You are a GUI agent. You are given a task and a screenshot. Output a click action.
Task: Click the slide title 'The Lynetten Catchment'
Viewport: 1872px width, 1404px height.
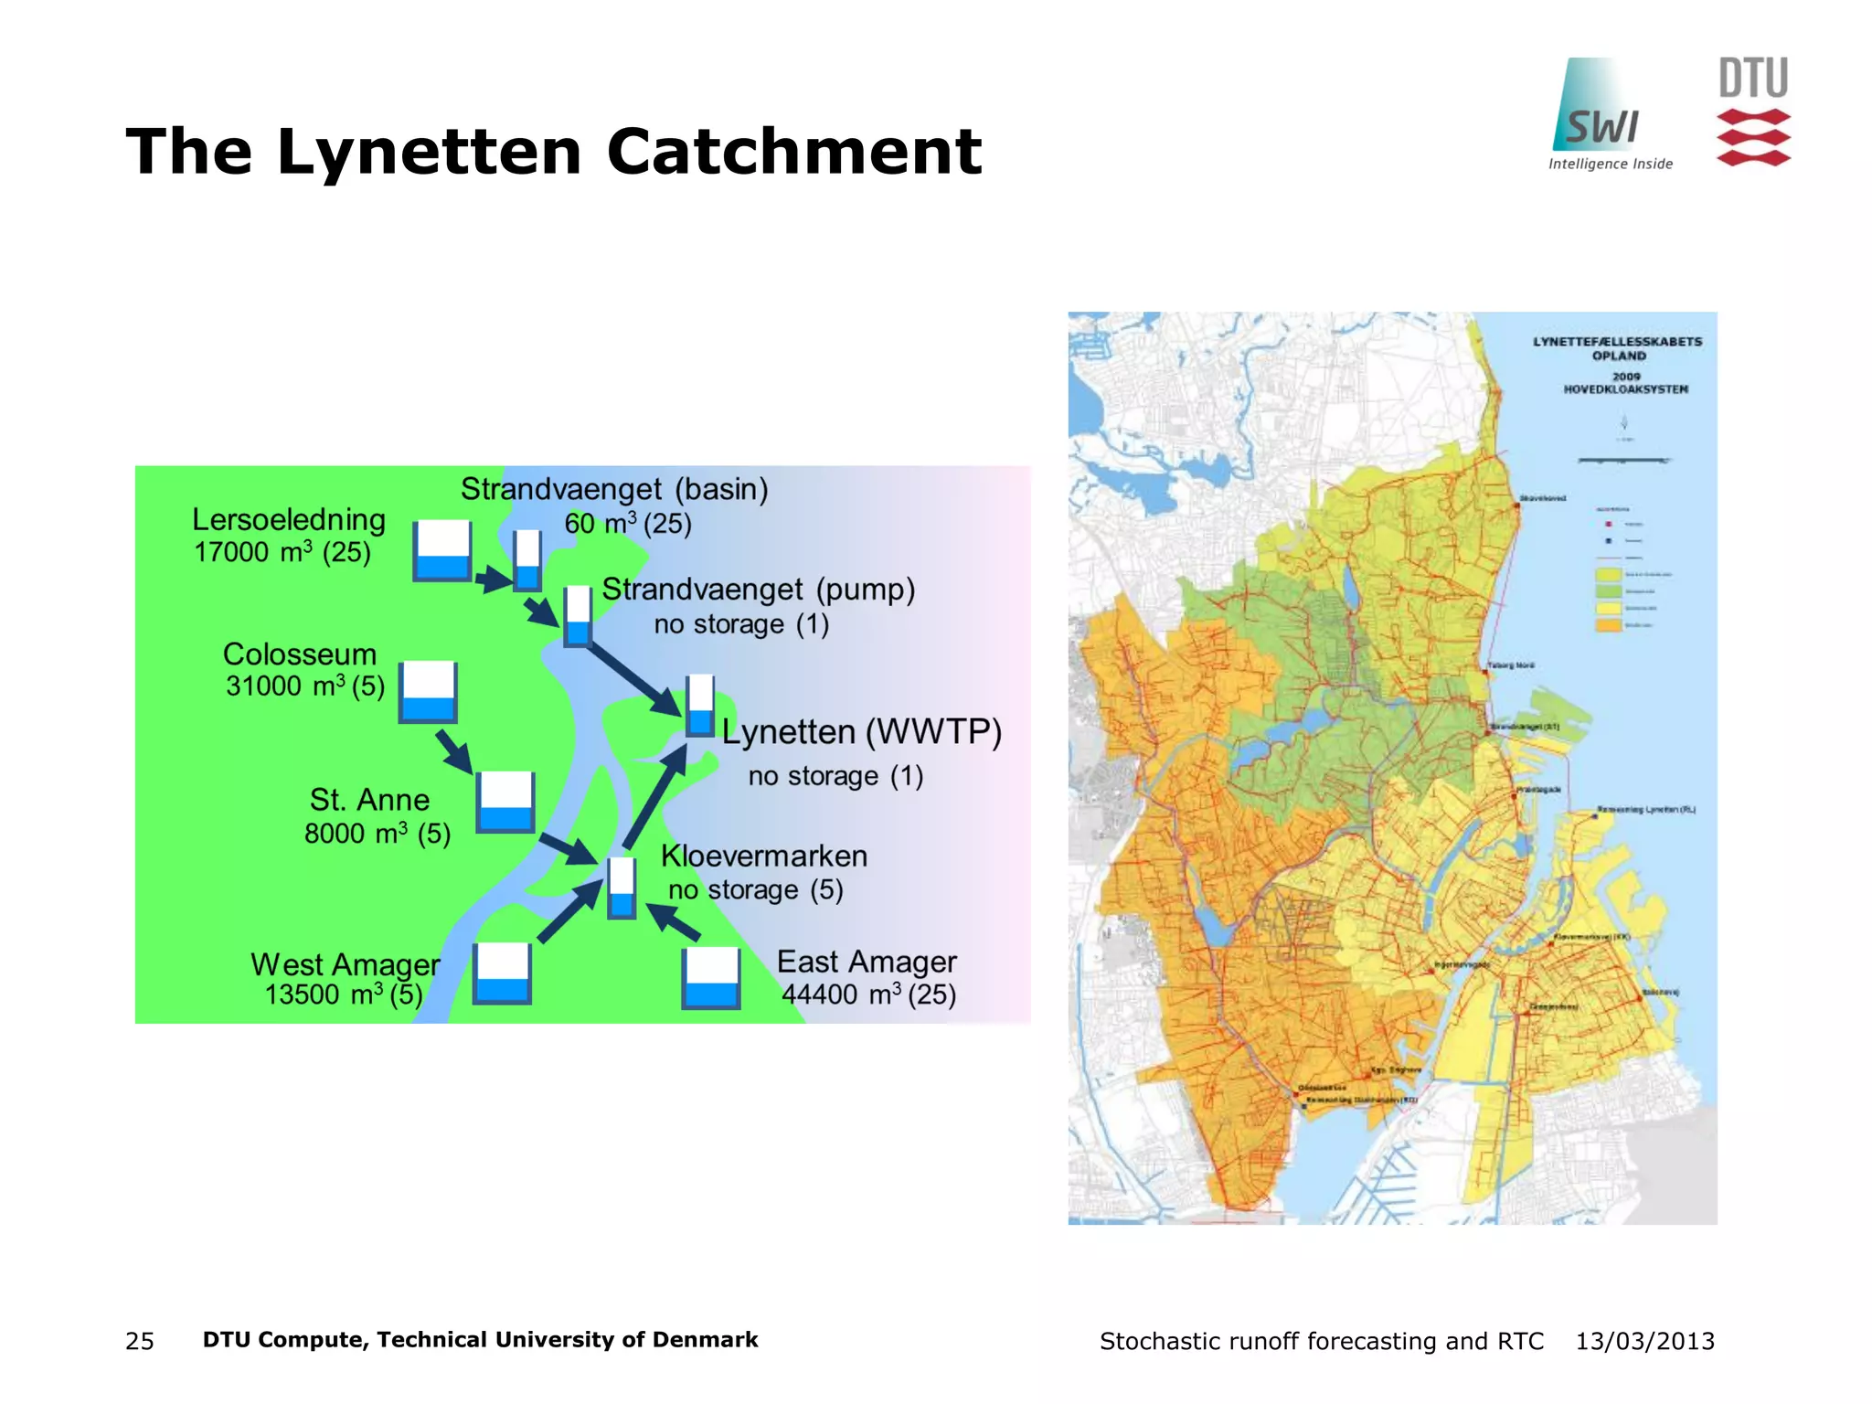click(553, 151)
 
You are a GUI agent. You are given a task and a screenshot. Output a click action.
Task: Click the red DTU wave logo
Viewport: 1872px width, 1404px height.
click(1752, 137)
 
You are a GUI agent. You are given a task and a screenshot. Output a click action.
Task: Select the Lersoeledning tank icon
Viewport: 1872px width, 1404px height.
click(442, 551)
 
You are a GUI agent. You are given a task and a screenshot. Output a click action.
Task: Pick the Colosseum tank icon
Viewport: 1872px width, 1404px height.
click(428, 691)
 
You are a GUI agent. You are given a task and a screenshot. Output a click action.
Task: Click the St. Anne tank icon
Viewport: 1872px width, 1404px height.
click(505, 802)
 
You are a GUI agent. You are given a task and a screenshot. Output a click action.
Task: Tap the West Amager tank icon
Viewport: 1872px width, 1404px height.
click(502, 973)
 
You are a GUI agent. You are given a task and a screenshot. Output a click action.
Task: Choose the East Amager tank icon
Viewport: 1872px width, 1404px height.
click(711, 978)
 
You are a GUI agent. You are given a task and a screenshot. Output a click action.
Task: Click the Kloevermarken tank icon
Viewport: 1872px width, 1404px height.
click(622, 888)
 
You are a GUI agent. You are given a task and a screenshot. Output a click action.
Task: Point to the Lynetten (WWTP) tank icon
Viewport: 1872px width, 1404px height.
click(700, 706)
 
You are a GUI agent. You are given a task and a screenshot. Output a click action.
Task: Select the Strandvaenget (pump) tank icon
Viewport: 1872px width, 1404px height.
click(578, 617)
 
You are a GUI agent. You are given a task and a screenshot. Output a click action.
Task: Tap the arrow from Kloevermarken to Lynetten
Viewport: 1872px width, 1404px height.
click(654, 797)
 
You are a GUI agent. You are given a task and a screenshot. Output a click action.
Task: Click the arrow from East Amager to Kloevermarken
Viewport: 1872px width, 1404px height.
click(673, 922)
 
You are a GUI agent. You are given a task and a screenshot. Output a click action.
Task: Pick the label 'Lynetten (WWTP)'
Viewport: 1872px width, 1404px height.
click(861, 732)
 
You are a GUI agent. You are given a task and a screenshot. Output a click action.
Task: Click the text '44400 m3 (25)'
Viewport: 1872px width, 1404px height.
click(868, 994)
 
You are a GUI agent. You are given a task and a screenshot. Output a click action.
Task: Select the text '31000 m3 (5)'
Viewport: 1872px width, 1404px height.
click(305, 686)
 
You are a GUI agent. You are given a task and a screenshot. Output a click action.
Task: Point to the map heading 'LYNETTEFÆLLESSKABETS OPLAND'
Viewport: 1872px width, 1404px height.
click(1618, 348)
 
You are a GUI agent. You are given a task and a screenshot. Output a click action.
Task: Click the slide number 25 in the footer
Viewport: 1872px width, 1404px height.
click(140, 1341)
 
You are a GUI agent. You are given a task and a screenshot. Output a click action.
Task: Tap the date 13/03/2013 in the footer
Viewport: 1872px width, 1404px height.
click(1644, 1341)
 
